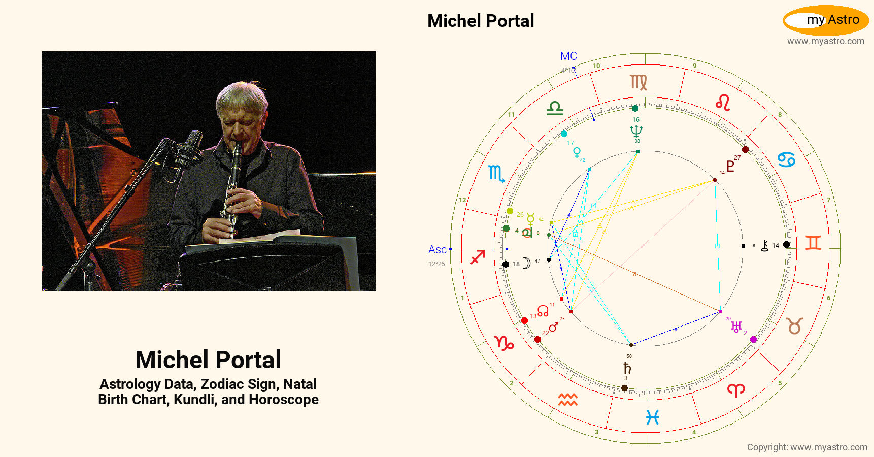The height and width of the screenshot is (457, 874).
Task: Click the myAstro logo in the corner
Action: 826,20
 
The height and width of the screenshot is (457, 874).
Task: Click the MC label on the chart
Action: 568,56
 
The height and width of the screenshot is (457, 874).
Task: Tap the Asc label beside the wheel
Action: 437,250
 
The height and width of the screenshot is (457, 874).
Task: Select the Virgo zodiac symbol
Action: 638,82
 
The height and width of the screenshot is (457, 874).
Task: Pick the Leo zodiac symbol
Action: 723,103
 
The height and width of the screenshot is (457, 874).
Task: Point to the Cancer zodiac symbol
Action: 786,160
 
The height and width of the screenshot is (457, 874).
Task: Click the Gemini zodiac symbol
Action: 813,243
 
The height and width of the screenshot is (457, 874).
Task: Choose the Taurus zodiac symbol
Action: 795,325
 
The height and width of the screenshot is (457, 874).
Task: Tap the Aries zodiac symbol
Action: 736,390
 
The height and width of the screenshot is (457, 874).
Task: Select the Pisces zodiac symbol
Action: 652,417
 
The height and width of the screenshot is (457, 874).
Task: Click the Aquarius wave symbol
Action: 568,400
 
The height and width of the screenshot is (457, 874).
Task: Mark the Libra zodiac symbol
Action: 555,108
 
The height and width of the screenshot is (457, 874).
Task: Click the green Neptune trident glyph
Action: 636,132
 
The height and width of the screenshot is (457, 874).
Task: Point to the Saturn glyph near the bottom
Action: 627,368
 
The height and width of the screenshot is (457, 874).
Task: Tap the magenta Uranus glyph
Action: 736,327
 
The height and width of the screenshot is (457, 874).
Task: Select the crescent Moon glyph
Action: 527,263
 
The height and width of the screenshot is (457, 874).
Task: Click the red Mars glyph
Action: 554,327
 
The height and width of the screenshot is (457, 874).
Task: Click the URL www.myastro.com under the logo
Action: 826,41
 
